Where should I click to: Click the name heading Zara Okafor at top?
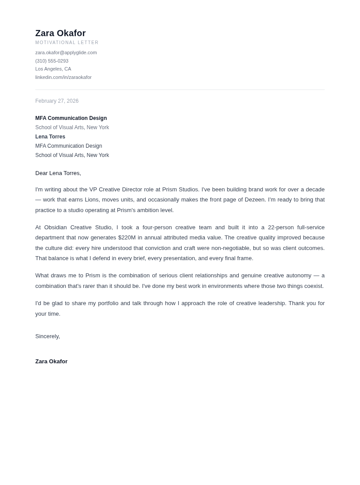(x=60, y=33)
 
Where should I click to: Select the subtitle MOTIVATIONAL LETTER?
(x=67, y=43)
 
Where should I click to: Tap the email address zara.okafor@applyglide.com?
(x=66, y=52)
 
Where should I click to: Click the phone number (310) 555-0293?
(x=52, y=61)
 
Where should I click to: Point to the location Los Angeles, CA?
(x=53, y=69)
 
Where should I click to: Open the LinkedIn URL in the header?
(x=64, y=77)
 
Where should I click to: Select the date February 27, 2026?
(x=57, y=101)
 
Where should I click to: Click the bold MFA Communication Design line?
(x=71, y=118)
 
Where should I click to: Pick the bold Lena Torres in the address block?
(x=50, y=137)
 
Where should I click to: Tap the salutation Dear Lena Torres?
(x=58, y=173)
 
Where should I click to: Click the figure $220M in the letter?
(x=127, y=238)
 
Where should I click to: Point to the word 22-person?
(x=281, y=228)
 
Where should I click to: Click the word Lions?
(x=92, y=200)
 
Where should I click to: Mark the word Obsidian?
(x=56, y=228)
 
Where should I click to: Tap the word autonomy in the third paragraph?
(x=299, y=276)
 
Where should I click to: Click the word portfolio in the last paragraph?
(x=108, y=303)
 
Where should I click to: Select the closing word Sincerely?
(x=47, y=336)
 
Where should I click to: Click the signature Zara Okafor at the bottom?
(x=52, y=362)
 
